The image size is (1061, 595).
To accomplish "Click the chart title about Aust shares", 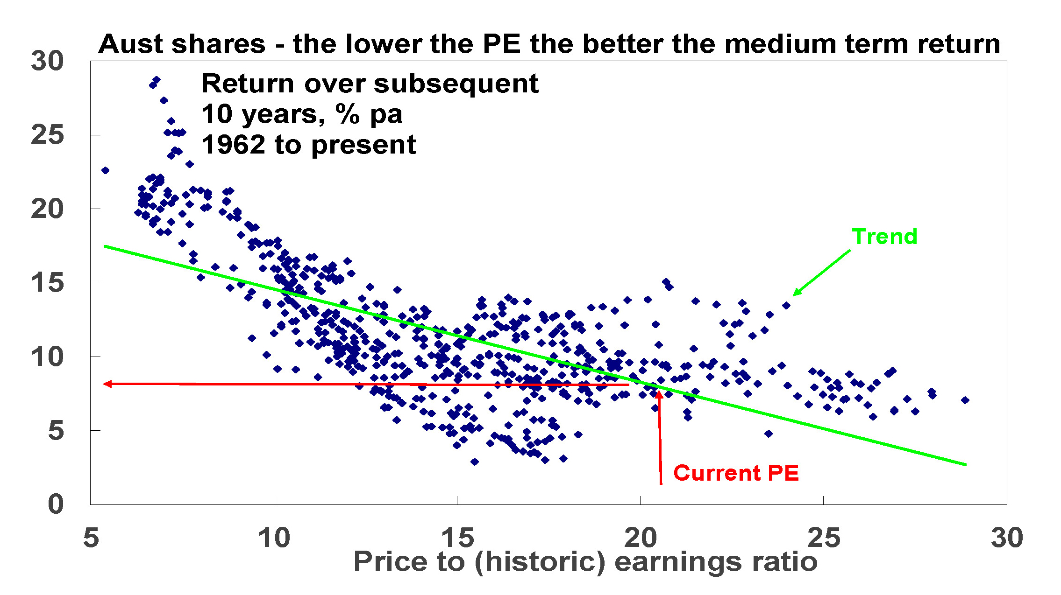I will pos(549,44).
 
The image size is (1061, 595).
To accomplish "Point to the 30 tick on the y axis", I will pos(47,61).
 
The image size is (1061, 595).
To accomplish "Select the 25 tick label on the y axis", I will pos(47,135).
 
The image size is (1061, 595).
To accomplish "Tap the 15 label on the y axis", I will pos(47,283).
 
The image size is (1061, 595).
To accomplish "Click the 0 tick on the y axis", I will pos(56,504).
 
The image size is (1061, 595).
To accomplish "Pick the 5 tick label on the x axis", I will pos(91,538).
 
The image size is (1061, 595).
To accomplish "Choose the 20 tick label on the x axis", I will pos(640,538).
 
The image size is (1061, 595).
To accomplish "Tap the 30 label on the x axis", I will pos(1007,538).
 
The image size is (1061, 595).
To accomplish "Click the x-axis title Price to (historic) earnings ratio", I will pos(585,561).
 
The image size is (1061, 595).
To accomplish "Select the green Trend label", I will pos(884,237).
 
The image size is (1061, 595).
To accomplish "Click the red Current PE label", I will pos(736,473).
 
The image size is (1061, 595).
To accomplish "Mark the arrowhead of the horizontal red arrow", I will pos(107,384).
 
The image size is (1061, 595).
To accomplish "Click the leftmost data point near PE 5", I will pos(105,170).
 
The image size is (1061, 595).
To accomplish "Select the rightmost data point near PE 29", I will pos(965,400).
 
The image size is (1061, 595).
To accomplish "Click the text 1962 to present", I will pos(308,145).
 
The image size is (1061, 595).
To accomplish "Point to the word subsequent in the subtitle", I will pos(456,84).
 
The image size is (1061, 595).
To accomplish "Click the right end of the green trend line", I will pos(964,464).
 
